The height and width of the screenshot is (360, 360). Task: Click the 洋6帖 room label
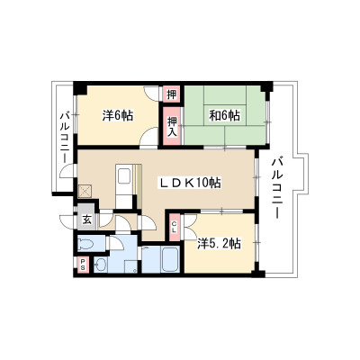[118, 115]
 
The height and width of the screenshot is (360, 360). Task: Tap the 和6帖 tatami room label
[224, 115]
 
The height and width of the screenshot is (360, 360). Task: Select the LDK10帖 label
[189, 183]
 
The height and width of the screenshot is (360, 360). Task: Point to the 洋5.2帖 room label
[219, 244]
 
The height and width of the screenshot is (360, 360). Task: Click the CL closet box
[175, 227]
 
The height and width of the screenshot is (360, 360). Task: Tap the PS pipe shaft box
[82, 265]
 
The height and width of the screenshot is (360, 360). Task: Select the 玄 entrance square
[86, 220]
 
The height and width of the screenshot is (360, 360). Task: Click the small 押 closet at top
[172, 94]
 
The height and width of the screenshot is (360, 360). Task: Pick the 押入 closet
[172, 127]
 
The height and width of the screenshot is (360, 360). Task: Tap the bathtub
[170, 259]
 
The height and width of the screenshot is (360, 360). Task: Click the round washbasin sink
[100, 265]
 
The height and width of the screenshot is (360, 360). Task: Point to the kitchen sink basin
[124, 175]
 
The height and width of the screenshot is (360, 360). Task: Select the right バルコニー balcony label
[275, 189]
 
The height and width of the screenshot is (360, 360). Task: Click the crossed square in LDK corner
[84, 191]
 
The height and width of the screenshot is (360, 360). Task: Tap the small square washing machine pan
[131, 266]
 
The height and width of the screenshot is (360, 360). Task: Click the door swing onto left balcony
[67, 171]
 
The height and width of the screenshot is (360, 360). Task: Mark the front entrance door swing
[67, 222]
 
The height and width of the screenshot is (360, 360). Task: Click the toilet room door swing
[116, 243]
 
